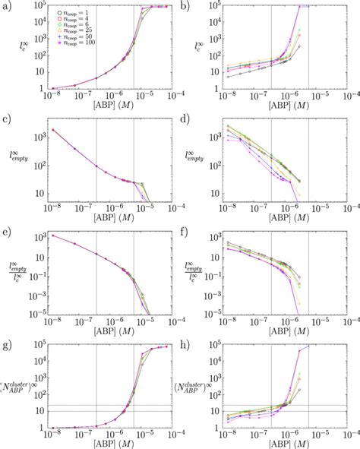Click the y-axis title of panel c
point(17,160)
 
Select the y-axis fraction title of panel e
point(17,271)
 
